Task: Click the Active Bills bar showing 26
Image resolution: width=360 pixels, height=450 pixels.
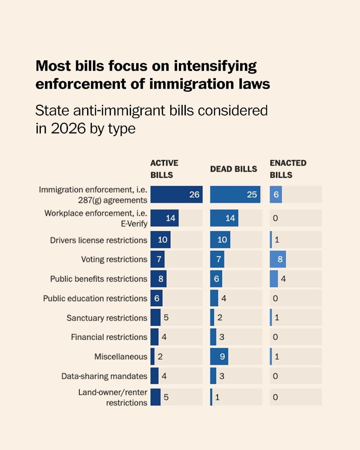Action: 176,194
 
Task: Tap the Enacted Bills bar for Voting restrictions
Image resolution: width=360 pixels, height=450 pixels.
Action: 277,259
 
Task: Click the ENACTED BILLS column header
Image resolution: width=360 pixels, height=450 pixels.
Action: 288,169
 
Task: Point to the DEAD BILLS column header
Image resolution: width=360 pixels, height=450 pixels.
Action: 233,169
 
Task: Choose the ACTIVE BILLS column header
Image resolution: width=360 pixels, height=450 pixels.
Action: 164,169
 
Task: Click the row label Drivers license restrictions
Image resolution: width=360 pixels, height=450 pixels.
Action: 99,240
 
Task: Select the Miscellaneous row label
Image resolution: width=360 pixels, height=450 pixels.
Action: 121,357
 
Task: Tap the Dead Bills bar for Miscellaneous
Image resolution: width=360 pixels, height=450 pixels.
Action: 219,357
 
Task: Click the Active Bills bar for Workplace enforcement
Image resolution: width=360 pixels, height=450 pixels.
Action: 164,218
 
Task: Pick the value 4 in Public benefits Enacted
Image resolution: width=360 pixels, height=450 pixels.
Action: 283,279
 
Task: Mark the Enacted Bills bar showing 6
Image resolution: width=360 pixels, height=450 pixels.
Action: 276,194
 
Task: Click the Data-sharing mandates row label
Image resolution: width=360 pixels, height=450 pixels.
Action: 104,376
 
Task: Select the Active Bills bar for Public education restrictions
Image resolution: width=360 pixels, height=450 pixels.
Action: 156,298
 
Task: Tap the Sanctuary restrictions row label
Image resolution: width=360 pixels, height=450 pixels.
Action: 107,318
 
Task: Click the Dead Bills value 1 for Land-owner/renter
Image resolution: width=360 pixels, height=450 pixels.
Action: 216,397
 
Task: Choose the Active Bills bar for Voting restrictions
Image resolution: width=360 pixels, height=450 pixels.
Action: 157,259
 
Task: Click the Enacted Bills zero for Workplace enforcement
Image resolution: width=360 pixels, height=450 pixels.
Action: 275,218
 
